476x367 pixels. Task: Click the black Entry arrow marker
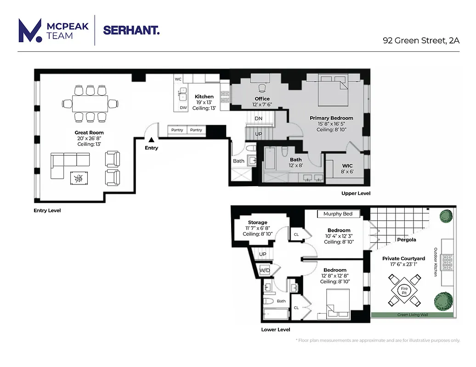(151, 140)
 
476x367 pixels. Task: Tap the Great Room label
(89, 133)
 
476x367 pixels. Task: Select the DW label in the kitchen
(183, 108)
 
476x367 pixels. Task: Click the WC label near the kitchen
(178, 79)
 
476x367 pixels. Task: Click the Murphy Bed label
(338, 214)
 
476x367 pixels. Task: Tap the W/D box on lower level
(265, 270)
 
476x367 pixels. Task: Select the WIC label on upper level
(347, 166)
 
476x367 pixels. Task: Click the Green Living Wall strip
(413, 315)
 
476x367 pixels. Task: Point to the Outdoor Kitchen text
(435, 262)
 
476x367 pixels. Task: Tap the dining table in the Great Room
(90, 104)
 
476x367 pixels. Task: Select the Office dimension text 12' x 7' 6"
(262, 104)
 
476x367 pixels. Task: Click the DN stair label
(259, 118)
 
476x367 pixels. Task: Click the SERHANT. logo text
(131, 30)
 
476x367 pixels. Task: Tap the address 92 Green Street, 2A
(421, 40)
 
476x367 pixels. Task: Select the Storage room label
(257, 222)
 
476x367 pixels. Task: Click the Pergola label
(407, 239)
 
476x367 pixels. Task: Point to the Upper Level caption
(356, 193)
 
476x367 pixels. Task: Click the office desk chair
(262, 88)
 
